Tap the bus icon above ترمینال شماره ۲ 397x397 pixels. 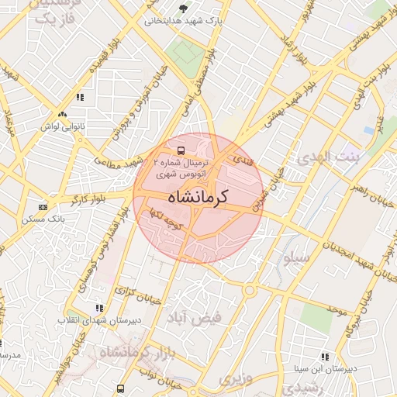[181, 150]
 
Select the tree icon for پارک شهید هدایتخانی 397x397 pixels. [183, 9]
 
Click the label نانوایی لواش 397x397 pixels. [63, 125]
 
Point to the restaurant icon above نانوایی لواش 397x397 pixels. [79, 97]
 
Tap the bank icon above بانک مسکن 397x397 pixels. [42, 207]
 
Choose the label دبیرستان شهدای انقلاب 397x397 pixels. [85, 319]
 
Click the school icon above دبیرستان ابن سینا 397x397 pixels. [324, 357]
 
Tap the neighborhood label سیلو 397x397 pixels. [297, 256]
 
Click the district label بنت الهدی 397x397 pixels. [325, 157]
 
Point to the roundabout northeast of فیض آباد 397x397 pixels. [250, 290]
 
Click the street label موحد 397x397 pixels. [336, 310]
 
